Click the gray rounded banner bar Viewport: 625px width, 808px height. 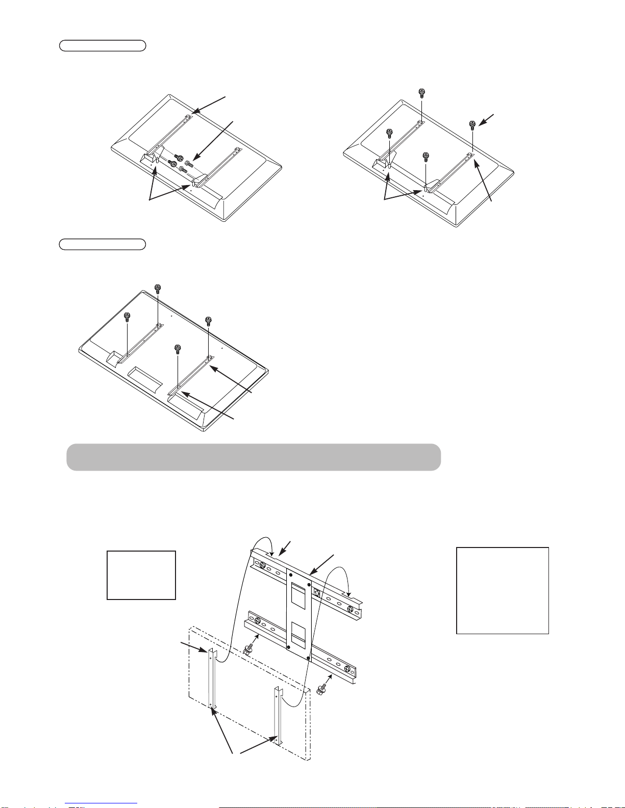pyautogui.click(x=254, y=457)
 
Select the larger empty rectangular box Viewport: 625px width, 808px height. pyautogui.click(x=502, y=590)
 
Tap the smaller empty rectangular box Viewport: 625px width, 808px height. pyautogui.click(x=141, y=575)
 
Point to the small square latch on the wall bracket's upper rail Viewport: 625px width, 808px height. pyautogui.click(x=316, y=592)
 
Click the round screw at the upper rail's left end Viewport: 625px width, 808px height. pyautogui.click(x=261, y=565)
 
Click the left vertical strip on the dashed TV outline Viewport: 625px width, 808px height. pyautogui.click(x=212, y=678)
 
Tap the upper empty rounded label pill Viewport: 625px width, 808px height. pyautogui.click(x=103, y=46)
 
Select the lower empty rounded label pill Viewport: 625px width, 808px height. pyautogui.click(x=103, y=244)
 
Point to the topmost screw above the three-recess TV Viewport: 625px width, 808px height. pyautogui.click(x=158, y=288)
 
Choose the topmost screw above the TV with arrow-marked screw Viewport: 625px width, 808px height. pyautogui.click(x=421, y=92)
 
